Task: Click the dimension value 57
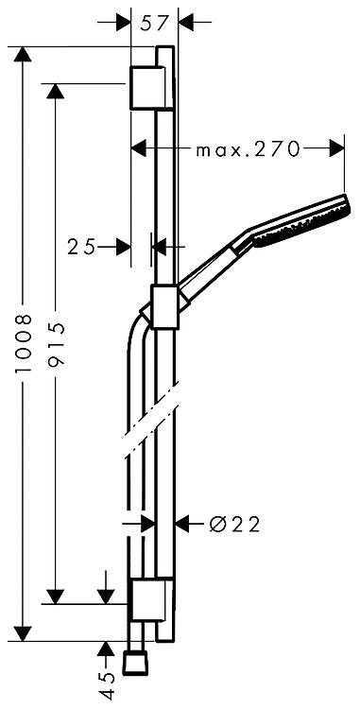tap(155, 22)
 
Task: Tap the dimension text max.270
tap(248, 148)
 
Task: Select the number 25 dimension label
tap(82, 247)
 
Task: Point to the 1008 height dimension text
tap(23, 344)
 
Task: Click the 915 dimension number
tap(56, 344)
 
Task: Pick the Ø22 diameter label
tap(235, 525)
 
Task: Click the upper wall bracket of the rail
tap(146, 88)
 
